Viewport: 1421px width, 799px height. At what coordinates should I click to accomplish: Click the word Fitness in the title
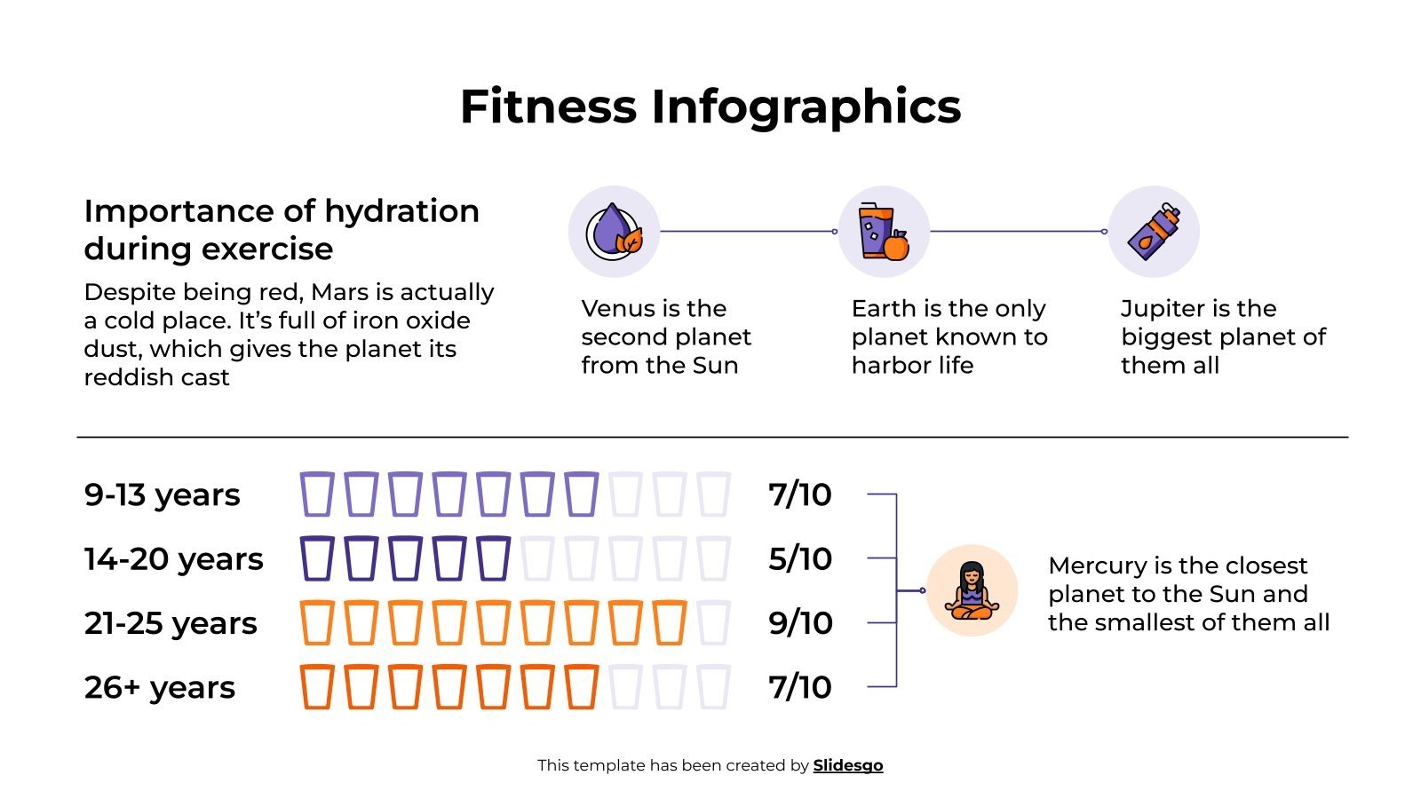tap(548, 107)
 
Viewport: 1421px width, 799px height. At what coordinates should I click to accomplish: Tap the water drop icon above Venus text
tap(614, 232)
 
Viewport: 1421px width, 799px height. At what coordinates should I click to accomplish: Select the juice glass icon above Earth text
tap(884, 232)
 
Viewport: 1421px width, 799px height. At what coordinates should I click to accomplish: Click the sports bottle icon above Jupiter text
tap(1154, 232)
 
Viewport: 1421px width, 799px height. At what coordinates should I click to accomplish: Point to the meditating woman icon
tap(972, 590)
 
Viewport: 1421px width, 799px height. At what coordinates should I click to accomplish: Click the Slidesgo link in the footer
tap(847, 765)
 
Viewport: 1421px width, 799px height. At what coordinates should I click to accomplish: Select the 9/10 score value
tap(800, 623)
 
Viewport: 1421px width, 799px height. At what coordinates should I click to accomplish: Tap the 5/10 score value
tap(800, 559)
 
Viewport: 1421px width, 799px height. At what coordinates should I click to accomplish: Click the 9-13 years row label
tap(162, 495)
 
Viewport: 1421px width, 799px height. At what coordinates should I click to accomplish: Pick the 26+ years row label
tap(160, 688)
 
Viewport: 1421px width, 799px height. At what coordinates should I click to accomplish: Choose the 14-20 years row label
tap(173, 559)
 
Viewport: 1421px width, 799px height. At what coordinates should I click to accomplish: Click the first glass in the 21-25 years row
tap(317, 623)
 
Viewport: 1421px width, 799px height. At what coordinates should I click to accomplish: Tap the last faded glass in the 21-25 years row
tap(713, 623)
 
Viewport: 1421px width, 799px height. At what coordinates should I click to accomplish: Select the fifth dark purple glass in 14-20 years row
tap(494, 559)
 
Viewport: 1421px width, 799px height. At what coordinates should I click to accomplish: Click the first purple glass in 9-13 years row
tap(317, 495)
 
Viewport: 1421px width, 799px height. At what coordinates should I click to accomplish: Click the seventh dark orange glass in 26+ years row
tap(582, 688)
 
